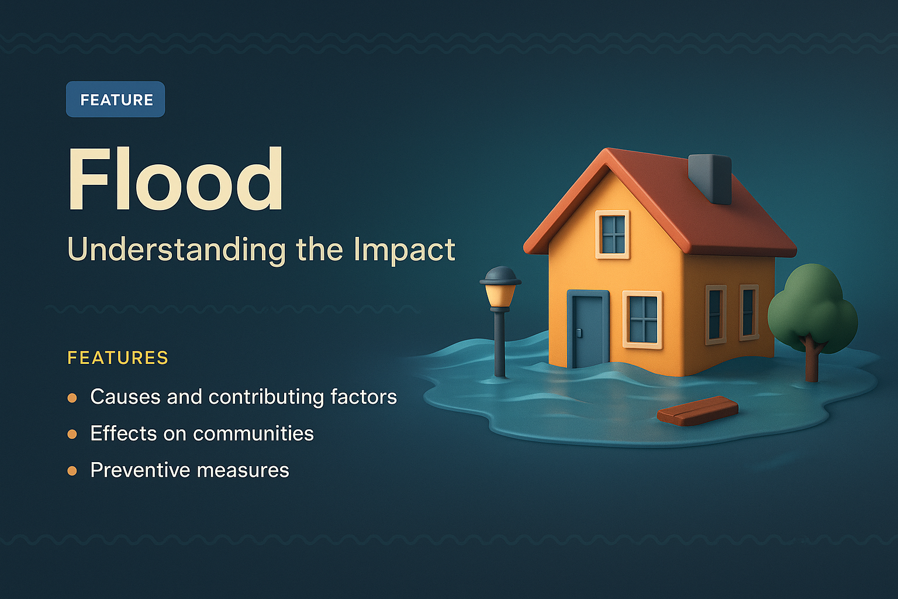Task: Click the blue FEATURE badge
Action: click(x=115, y=99)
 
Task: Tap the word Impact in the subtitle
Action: click(x=404, y=250)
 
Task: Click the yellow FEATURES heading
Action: click(x=118, y=357)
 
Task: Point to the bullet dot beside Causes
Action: click(x=72, y=398)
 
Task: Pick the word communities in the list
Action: click(x=253, y=434)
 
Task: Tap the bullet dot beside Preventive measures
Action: click(x=72, y=471)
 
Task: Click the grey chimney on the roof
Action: click(x=710, y=178)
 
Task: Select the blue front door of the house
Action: click(x=588, y=330)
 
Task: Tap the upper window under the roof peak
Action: click(x=613, y=234)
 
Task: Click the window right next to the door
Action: click(x=643, y=319)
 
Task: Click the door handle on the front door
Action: click(x=579, y=333)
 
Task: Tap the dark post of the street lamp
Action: click(x=499, y=345)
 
